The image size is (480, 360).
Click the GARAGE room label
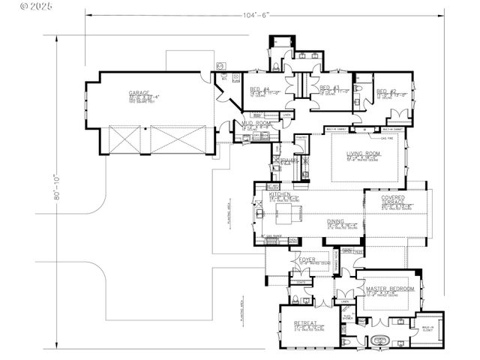[x=139, y=93]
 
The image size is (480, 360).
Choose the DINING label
[x=336, y=221]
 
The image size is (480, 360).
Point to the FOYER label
[x=307, y=260]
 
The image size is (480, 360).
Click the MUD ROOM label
[x=256, y=123]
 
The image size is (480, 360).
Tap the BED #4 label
[x=259, y=89]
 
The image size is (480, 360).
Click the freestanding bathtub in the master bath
[x=380, y=338]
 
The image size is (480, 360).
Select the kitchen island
[x=289, y=217]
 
